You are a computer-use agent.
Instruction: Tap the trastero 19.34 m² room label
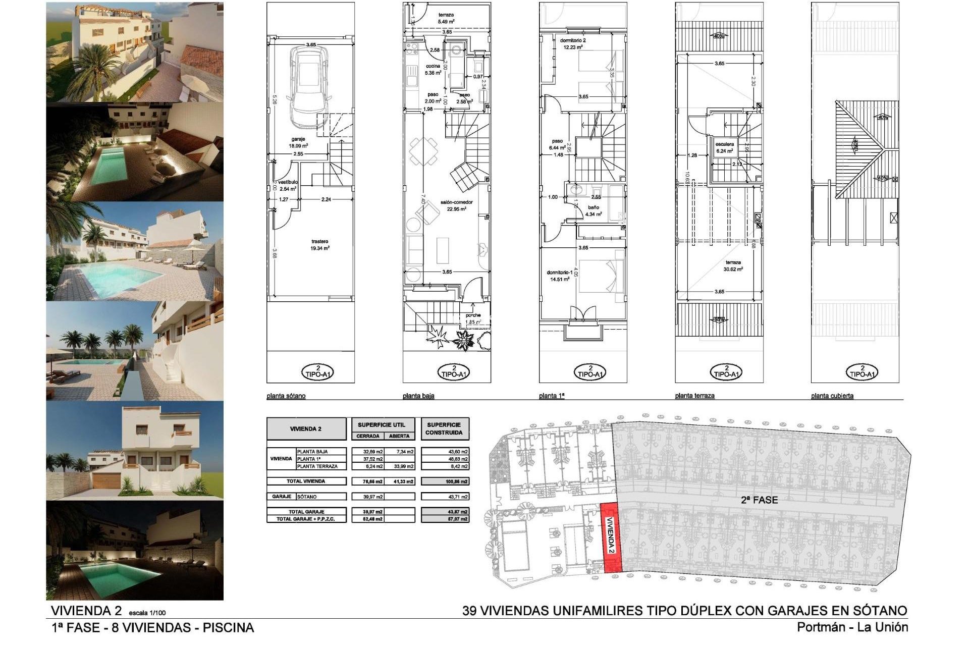tap(320, 245)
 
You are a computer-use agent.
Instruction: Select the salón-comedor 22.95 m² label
tap(456, 205)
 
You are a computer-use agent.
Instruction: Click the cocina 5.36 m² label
tap(434, 69)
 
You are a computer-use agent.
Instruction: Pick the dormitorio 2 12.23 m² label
tap(572, 43)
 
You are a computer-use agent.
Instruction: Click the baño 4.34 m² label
tap(593, 210)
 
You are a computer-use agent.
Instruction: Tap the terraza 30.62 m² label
tap(733, 265)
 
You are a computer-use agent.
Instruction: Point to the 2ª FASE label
tap(759, 500)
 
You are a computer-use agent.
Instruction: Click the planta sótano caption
tap(286, 396)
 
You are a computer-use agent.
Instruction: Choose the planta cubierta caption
tap(832, 396)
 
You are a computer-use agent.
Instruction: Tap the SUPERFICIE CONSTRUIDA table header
tap(444, 428)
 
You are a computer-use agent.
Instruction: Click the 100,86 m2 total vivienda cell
tap(445, 481)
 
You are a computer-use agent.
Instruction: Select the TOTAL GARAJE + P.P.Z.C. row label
tap(306, 519)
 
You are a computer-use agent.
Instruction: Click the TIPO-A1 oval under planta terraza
tap(726, 372)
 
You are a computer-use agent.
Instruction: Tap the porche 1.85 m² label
tap(473, 318)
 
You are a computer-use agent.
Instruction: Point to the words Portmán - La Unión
tap(852, 628)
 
